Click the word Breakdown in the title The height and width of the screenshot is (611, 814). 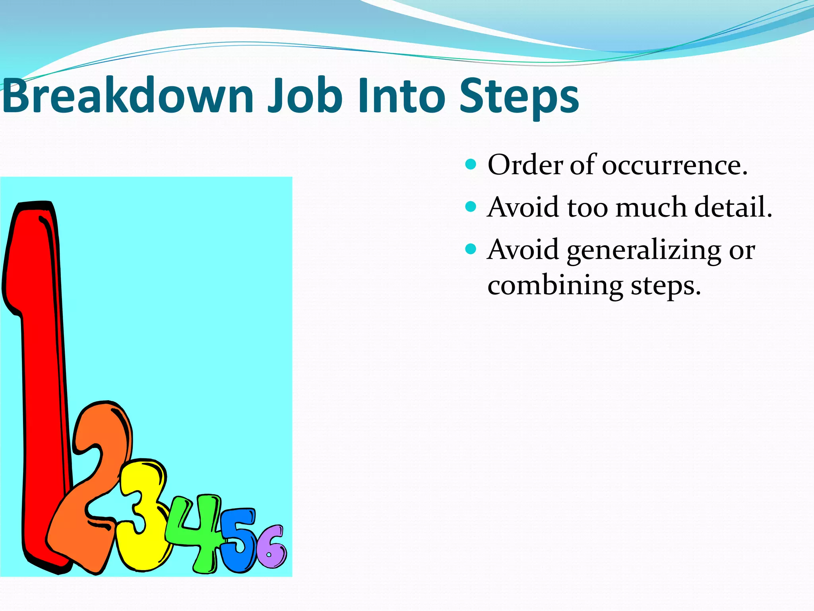(127, 95)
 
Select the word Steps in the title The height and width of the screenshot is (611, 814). (519, 95)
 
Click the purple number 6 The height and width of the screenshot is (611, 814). (270, 547)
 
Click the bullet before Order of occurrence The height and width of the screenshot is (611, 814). (471, 164)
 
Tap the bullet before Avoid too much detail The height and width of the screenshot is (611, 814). (471, 206)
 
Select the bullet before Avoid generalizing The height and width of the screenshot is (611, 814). (471, 249)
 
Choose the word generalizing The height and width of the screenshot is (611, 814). (644, 251)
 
